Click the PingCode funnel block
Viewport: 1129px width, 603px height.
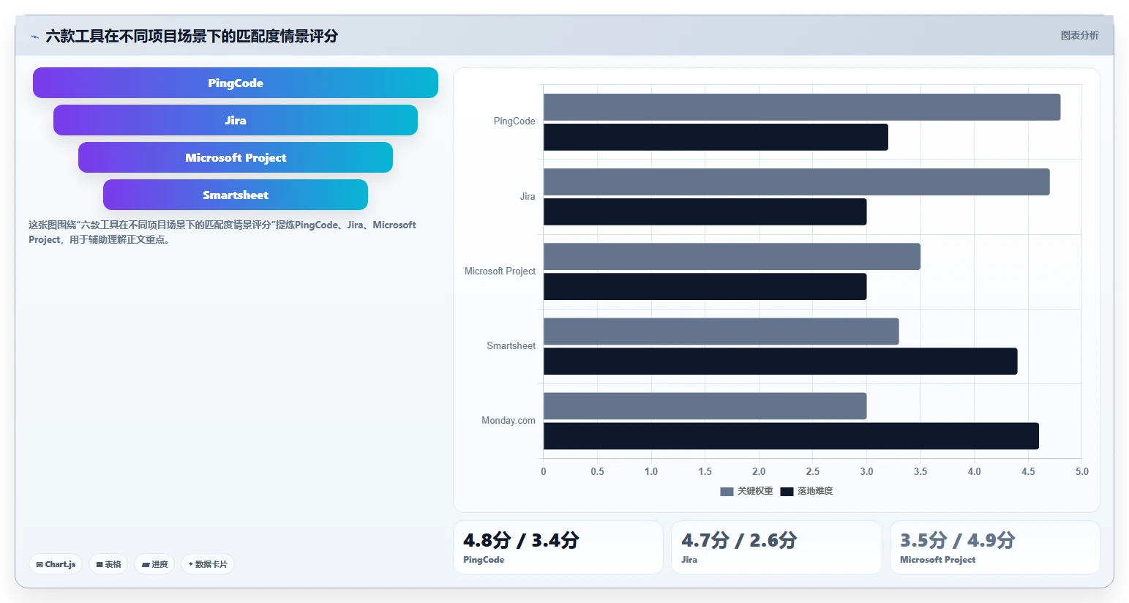pyautogui.click(x=236, y=83)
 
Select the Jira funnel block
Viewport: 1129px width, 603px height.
pyautogui.click(x=236, y=120)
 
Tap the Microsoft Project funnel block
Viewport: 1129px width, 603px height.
pyautogui.click(x=236, y=157)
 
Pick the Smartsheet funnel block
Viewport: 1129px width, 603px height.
pyautogui.click(x=236, y=195)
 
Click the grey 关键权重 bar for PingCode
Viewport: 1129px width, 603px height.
pyautogui.click(x=802, y=107)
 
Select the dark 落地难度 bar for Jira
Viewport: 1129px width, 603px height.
pyautogui.click(x=705, y=211)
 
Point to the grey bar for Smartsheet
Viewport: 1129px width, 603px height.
pyautogui.click(x=721, y=332)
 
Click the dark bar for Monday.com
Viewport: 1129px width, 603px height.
pyautogui.click(x=791, y=436)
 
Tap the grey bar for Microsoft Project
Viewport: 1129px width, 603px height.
pyautogui.click(x=732, y=257)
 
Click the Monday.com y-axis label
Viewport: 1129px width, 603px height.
pyautogui.click(x=508, y=421)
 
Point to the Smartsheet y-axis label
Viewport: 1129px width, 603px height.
pyautogui.click(x=511, y=346)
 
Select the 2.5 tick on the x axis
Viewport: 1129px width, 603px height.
pyautogui.click(x=812, y=471)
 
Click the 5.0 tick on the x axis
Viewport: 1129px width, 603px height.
pyautogui.click(x=1081, y=471)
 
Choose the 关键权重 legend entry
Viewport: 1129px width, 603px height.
pyautogui.click(x=746, y=491)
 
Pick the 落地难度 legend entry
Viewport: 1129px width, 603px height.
pyautogui.click(x=806, y=491)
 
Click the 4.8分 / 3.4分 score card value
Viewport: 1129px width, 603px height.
pyautogui.click(x=521, y=540)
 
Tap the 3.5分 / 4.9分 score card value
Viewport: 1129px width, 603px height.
pyautogui.click(x=958, y=540)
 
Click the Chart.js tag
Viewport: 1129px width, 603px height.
pyautogui.click(x=56, y=564)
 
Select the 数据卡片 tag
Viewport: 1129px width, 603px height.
pyautogui.click(x=208, y=564)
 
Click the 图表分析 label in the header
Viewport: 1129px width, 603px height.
pyautogui.click(x=1079, y=35)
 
